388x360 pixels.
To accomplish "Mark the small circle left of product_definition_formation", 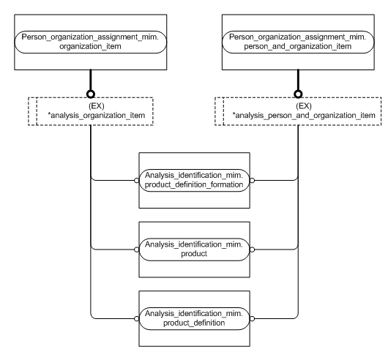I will [x=135, y=181].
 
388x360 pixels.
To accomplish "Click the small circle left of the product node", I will [x=135, y=249].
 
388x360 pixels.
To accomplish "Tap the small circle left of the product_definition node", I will [x=135, y=317].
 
